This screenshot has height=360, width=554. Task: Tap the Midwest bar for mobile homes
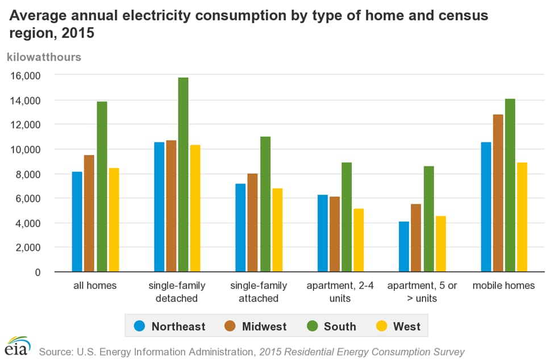(x=498, y=193)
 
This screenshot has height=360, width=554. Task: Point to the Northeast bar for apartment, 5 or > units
(x=404, y=246)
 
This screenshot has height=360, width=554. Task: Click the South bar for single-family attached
(x=265, y=204)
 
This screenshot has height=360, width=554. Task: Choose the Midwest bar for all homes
(x=89, y=214)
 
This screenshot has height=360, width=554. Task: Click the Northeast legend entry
(x=169, y=326)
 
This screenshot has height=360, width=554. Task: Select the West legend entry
(x=399, y=326)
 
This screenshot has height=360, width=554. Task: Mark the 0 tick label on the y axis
(x=38, y=273)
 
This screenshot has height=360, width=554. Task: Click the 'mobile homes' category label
(x=503, y=286)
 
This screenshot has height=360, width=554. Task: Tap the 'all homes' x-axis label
(x=95, y=286)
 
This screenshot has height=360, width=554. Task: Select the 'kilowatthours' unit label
(x=44, y=57)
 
